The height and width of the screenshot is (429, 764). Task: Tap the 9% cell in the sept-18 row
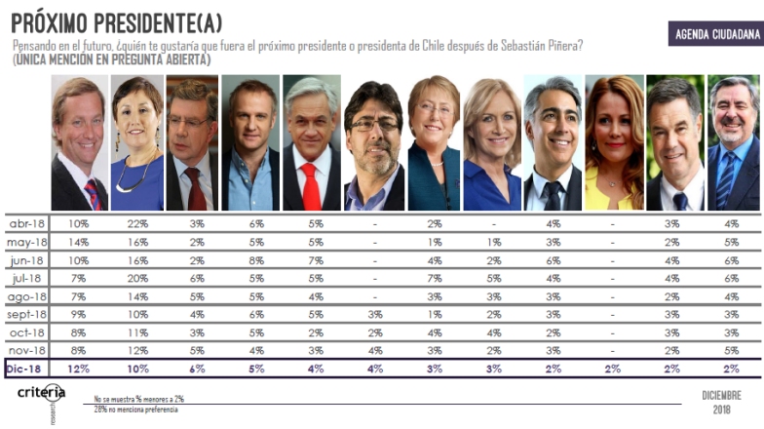click(79, 314)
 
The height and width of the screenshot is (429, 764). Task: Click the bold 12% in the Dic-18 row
click(79, 369)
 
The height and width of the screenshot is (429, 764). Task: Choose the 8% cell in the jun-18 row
click(255, 260)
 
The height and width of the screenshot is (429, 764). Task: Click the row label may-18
click(27, 242)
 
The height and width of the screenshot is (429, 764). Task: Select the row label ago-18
click(27, 296)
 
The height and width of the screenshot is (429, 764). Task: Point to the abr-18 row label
click(27, 224)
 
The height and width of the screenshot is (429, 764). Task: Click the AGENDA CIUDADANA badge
click(714, 35)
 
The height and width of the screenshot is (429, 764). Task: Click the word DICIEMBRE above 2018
click(721, 395)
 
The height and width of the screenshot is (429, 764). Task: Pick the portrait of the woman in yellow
click(614, 143)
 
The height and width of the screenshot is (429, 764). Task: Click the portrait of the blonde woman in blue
click(492, 143)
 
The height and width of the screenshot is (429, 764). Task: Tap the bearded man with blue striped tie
click(734, 143)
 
